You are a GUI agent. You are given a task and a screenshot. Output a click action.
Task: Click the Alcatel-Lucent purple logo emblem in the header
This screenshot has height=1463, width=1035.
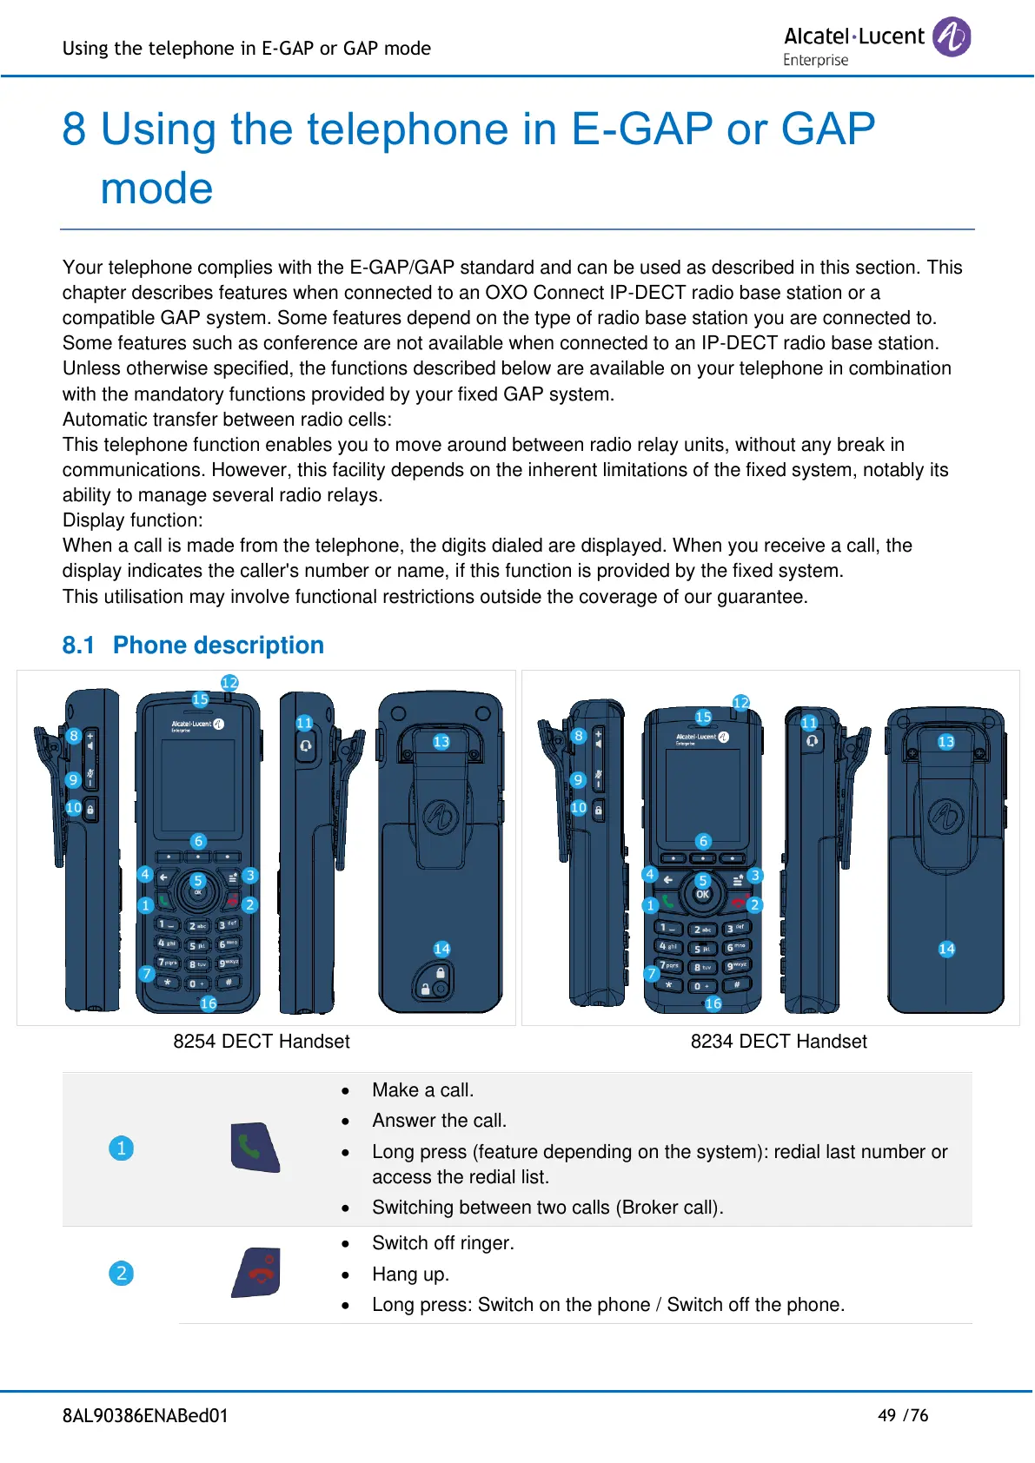952,37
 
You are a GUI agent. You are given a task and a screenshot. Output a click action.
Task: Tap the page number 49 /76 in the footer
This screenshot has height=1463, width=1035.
903,1415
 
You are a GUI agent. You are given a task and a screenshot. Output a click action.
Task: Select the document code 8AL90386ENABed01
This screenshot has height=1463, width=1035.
145,1415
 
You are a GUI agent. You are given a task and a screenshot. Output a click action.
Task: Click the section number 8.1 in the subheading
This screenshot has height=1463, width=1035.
78,645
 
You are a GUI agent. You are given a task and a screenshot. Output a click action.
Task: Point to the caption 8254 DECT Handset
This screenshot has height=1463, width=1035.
261,1042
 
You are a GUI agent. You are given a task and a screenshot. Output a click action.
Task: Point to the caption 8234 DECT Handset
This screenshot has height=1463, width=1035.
779,1042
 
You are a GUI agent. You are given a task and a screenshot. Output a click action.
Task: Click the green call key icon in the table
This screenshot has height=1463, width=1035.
255,1148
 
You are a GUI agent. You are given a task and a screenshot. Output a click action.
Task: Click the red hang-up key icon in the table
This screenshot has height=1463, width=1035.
256,1273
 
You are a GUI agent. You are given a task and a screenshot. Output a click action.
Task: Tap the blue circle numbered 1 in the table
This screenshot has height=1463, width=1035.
122,1149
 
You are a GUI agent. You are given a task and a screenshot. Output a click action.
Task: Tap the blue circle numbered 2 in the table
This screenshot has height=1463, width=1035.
122,1274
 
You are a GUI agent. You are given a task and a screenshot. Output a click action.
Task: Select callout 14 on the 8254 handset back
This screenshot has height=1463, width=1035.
441,949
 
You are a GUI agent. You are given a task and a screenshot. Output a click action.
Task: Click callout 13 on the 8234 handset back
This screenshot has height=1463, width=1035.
946,742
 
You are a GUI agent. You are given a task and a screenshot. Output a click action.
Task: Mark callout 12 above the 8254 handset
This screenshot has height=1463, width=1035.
229,683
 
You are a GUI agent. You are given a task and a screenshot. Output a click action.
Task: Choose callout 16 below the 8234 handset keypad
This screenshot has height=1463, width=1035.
713,1003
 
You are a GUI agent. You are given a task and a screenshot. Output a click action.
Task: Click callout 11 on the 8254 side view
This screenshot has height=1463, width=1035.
304,723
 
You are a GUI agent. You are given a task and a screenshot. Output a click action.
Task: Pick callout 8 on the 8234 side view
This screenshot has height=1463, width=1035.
579,736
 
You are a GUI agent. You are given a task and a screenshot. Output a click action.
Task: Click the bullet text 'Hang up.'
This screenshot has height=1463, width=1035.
410,1274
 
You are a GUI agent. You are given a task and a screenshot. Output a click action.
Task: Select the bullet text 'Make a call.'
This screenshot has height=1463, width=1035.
422,1090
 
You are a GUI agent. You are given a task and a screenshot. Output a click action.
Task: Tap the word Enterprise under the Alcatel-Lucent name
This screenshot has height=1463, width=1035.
815,60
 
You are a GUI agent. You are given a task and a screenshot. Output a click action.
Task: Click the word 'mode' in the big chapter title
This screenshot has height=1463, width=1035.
156,189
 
